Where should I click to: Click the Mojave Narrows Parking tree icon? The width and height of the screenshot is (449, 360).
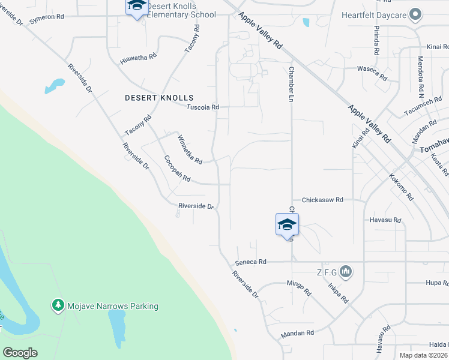pos(58,306)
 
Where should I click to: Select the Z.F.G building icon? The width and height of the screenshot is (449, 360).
pos(345,272)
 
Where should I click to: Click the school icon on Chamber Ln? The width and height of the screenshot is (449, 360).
pos(287,225)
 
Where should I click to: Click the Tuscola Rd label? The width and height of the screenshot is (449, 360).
pos(202,107)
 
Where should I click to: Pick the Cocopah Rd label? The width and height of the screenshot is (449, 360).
pos(177,169)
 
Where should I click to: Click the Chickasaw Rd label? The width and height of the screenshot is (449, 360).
pos(322,200)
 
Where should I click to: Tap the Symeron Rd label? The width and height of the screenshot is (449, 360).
pos(46,17)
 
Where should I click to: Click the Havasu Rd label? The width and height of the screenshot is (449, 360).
pos(385,220)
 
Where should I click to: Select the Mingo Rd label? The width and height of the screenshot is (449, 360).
pos(300,289)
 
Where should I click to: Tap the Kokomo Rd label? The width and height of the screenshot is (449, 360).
pos(401,188)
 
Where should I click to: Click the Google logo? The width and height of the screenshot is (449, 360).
pos(20,352)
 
